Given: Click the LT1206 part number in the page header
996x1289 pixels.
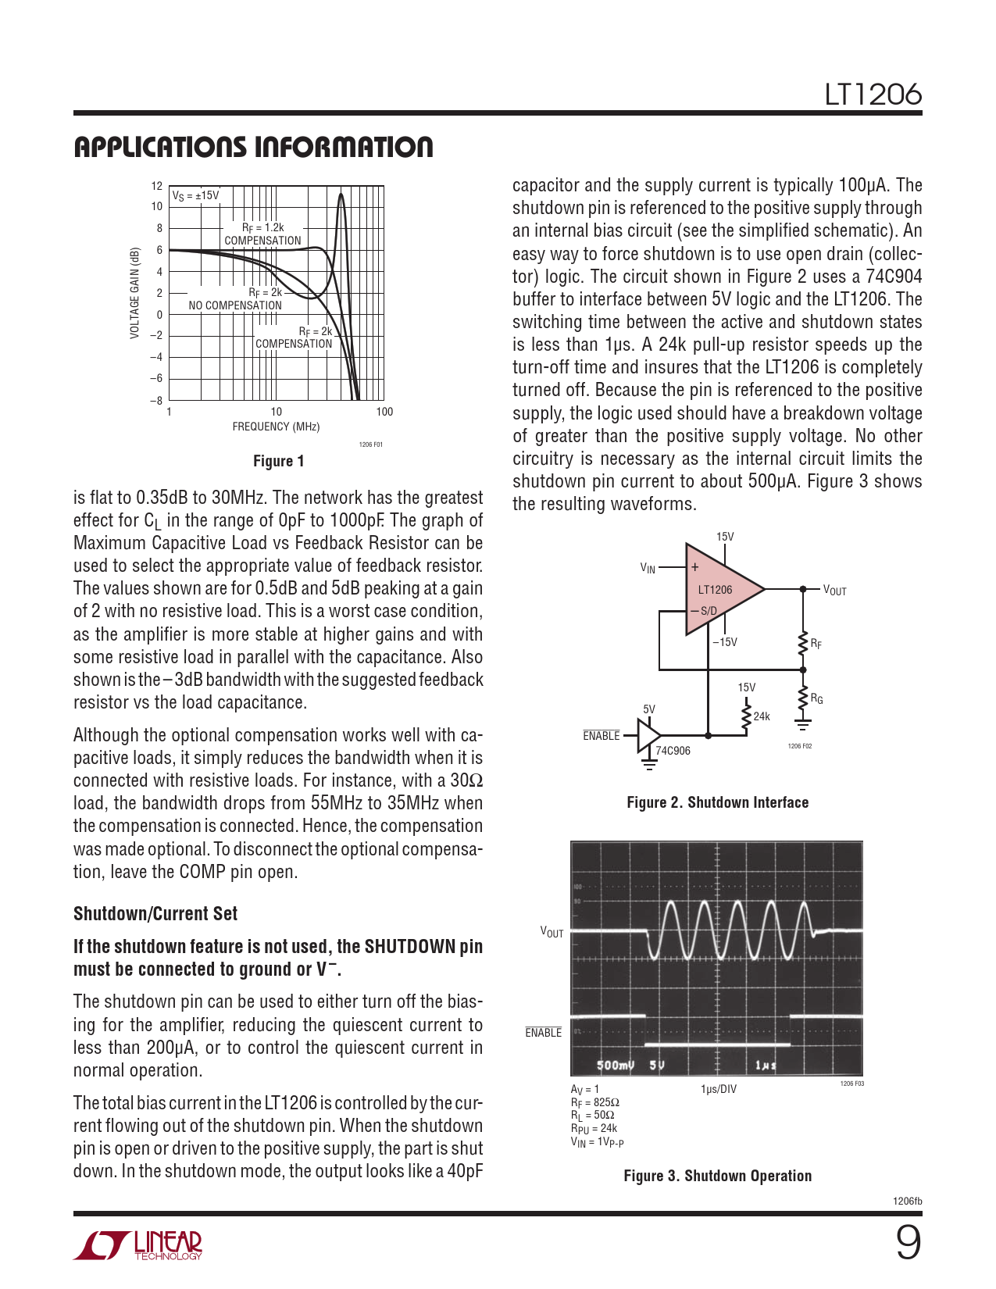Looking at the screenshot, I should click(x=873, y=95).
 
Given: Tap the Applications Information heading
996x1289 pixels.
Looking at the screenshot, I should click(x=253, y=147).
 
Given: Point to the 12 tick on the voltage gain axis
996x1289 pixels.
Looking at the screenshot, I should click(x=157, y=186).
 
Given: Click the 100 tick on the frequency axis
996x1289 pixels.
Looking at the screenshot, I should click(x=384, y=412).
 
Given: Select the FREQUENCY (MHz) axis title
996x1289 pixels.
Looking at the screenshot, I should click(x=276, y=427).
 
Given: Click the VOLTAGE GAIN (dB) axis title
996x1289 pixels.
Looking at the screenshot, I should click(x=135, y=293).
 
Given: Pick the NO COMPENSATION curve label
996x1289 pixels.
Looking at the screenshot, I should click(x=235, y=305).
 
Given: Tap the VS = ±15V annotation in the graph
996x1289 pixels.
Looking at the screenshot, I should click(x=195, y=195).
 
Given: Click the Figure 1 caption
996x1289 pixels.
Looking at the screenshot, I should click(x=278, y=461).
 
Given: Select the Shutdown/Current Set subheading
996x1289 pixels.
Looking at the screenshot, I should click(x=155, y=913).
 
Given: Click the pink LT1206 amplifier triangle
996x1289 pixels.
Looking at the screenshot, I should click(x=719, y=589).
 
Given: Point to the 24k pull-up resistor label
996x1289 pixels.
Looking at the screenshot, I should click(x=762, y=716).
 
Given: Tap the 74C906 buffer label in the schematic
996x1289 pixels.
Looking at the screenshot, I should click(x=673, y=751).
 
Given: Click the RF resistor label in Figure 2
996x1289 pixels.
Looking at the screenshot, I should click(x=816, y=644).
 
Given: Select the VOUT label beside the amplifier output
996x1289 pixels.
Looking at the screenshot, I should click(x=834, y=591).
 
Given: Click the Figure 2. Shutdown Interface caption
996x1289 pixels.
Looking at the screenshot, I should click(x=717, y=802).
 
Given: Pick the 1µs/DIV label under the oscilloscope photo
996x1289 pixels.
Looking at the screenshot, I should click(x=718, y=1089).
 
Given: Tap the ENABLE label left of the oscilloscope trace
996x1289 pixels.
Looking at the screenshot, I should click(x=544, y=1033).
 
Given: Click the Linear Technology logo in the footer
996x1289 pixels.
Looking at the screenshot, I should click(x=138, y=1245).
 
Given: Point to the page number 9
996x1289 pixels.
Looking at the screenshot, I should click(x=907, y=1243).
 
